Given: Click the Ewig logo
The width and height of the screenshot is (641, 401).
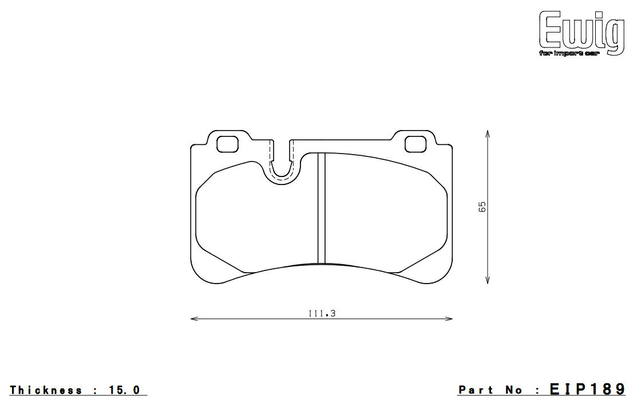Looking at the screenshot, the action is click(x=581, y=33).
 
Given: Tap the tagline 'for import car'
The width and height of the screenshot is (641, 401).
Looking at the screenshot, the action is click(x=569, y=54).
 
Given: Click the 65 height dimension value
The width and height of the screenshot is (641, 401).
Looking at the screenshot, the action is click(x=482, y=207).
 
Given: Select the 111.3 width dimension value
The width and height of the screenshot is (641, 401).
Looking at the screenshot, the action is click(x=322, y=313).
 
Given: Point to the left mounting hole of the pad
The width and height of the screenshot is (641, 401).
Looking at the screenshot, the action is click(x=227, y=144).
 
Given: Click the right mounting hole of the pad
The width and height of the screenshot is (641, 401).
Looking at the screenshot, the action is click(x=416, y=144).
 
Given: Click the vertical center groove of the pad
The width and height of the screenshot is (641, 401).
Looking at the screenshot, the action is click(x=321, y=208).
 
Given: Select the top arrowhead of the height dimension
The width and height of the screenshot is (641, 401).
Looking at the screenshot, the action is click(x=487, y=134).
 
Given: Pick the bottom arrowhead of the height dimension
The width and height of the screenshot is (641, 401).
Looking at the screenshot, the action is click(x=487, y=280).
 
